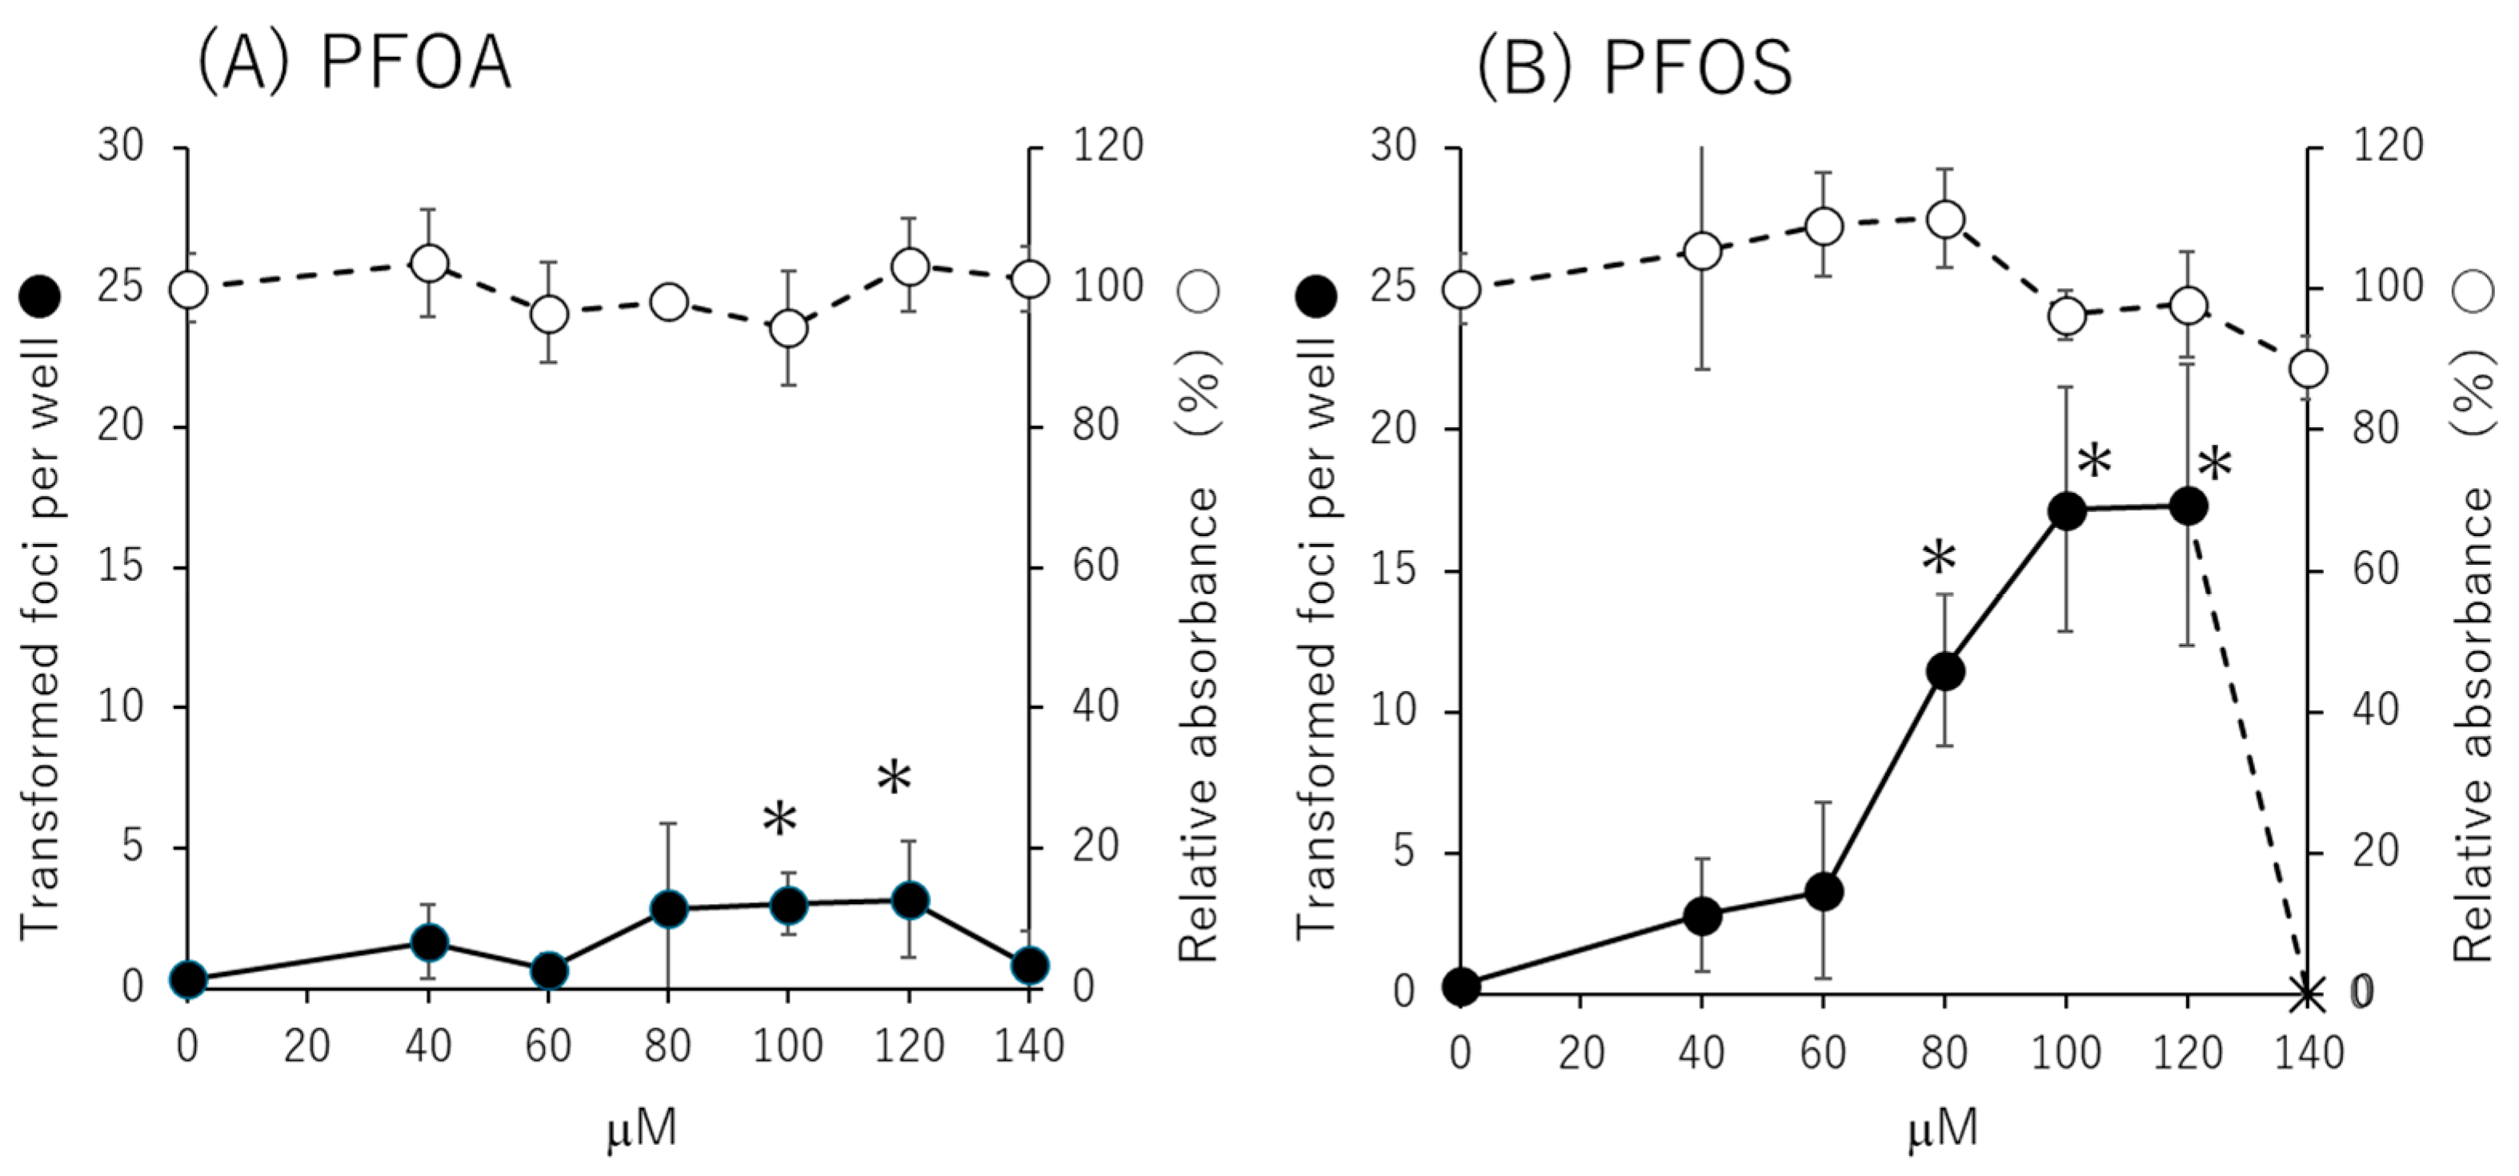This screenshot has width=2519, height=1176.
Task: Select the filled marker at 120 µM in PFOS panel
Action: point(2189,506)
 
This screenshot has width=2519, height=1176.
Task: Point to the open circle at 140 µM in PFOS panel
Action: point(2309,370)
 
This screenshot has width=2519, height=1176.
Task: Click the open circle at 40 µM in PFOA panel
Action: point(428,263)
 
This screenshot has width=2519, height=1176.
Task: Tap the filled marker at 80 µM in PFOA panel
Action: point(669,909)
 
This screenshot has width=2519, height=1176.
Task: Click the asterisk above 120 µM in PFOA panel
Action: point(894,779)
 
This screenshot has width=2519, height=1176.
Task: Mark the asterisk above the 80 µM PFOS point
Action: point(1938,559)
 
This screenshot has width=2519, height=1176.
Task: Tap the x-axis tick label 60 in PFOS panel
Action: point(1823,1053)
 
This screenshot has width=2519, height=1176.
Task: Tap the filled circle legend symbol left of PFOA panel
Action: point(40,295)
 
